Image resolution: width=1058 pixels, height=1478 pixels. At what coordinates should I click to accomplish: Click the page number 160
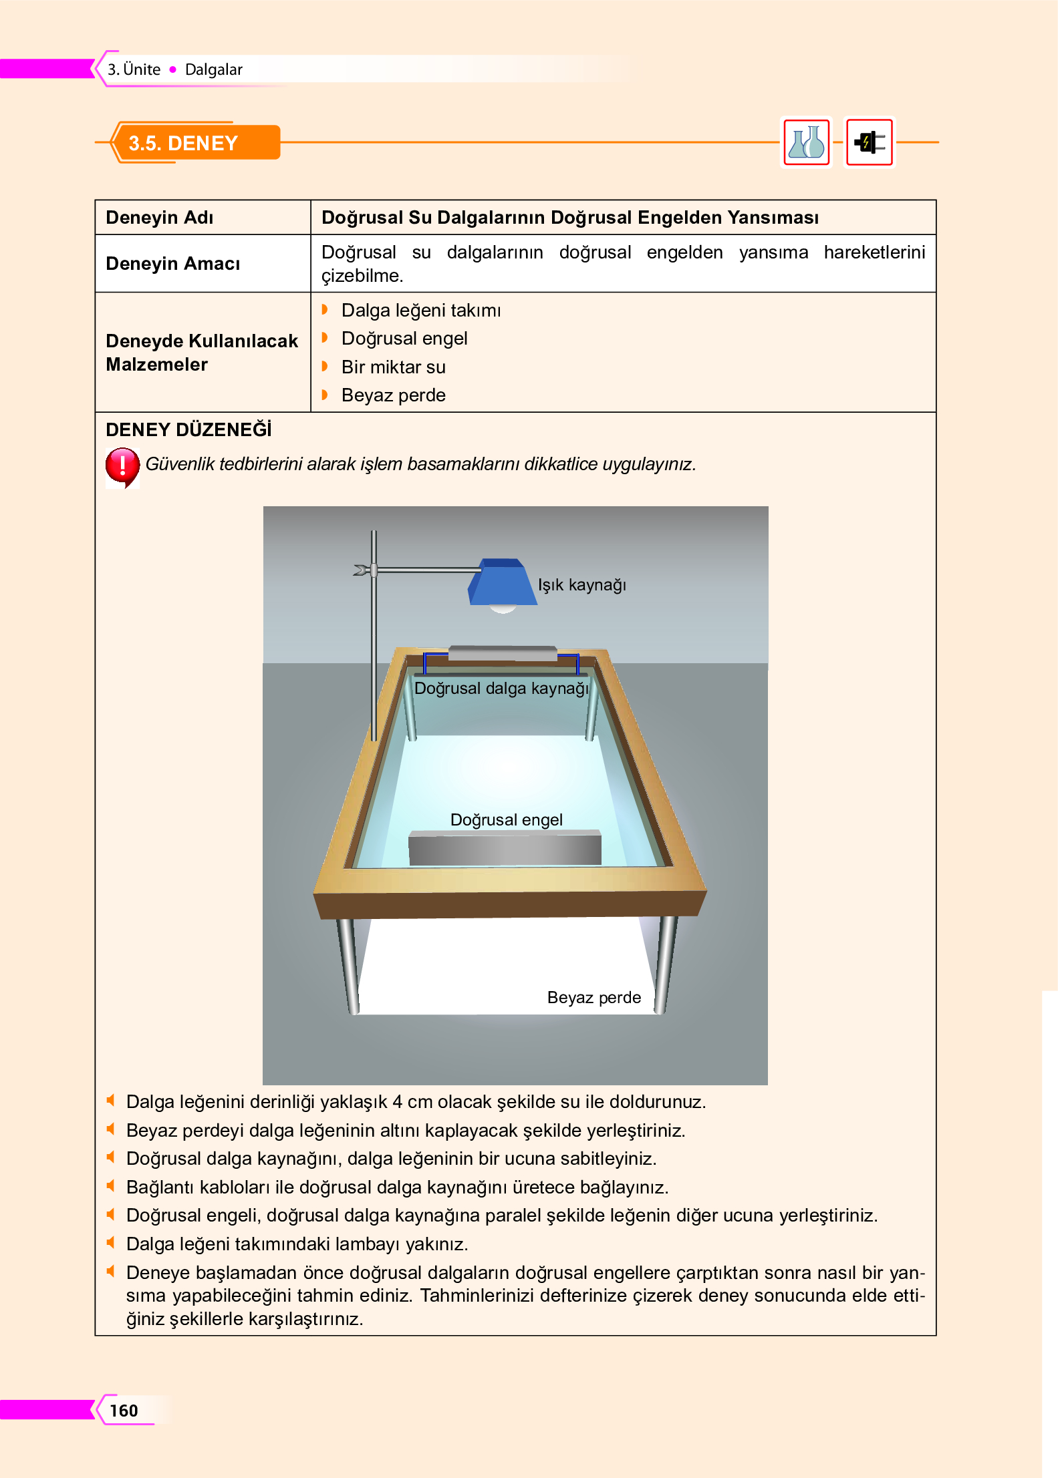124,1410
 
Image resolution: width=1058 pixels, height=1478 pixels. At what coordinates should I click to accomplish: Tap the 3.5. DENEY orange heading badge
194,143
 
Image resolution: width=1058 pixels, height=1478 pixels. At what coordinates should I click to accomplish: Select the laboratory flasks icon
807,142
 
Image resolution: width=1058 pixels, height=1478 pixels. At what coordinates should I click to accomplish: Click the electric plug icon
870,142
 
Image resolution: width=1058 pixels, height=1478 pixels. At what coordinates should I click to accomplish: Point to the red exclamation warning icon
122,466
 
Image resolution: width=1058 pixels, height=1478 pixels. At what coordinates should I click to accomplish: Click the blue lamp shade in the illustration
503,583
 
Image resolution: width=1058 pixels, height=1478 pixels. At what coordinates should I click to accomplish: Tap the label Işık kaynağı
582,585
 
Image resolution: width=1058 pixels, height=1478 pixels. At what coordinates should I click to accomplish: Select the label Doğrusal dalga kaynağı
501,688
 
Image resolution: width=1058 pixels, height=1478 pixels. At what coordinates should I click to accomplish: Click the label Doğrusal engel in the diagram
506,819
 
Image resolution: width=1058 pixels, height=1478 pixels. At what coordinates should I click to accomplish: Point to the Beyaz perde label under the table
593,997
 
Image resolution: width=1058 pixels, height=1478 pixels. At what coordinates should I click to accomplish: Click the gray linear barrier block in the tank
505,849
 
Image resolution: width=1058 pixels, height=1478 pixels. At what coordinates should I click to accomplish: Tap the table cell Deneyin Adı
160,218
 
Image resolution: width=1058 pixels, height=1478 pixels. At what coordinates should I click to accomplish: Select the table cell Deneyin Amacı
172,264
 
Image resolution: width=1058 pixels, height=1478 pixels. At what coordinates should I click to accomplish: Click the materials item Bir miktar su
393,367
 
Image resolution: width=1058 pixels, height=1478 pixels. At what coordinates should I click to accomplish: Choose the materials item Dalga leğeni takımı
420,311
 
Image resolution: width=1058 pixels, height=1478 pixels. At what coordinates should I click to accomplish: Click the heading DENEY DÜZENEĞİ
188,429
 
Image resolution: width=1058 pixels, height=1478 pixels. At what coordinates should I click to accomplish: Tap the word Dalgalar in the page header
213,69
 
